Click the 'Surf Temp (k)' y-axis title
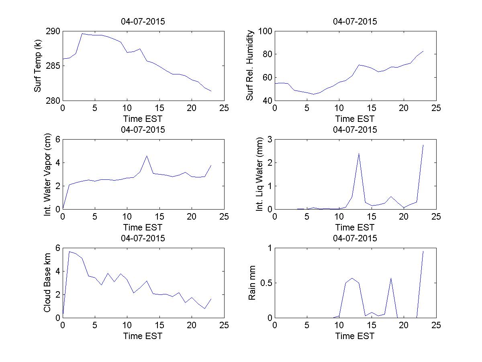point(38,66)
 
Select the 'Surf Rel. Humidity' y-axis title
point(250,66)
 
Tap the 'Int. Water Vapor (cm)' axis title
point(48,174)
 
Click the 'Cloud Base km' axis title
point(47,283)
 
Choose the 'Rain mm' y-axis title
point(252,283)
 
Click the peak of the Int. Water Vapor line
point(147,156)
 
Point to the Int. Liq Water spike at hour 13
point(359,153)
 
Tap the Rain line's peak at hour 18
point(391,278)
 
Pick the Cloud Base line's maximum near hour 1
point(69,252)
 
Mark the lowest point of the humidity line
point(313,94)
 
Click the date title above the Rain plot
point(355,238)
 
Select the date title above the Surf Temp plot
point(143,22)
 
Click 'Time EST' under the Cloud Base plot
point(143,336)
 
